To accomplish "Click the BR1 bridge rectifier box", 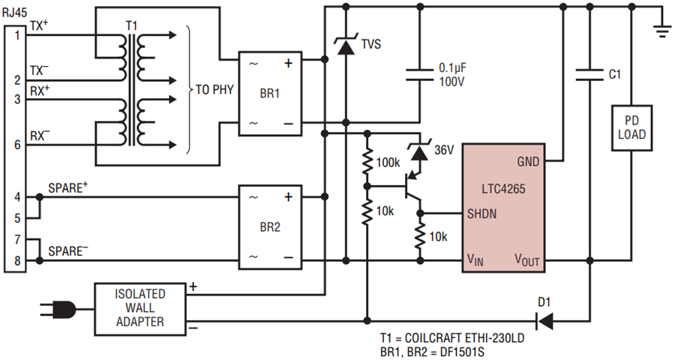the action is pos(270,94).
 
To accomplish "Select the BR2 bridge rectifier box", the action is pos(270,227).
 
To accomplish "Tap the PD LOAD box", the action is pos(631,128).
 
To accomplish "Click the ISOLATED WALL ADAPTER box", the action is pos(140,309).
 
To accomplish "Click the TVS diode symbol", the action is pos(345,46).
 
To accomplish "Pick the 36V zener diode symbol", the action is pos(420,152).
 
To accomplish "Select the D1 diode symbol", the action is pos(544,321).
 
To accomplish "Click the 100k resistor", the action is pos(367,162).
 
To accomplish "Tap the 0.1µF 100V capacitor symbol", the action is pos(420,74).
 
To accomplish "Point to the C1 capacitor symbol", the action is pos(589,74).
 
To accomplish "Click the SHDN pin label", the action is pos(481,214).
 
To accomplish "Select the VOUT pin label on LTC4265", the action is pos(527,260).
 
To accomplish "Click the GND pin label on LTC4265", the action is pos(528,162).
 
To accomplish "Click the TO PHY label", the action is pos(214,89).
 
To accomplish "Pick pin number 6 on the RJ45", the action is pos(17,145).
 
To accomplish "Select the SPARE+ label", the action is pos(68,188).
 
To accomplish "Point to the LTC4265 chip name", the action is pos(503,189).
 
